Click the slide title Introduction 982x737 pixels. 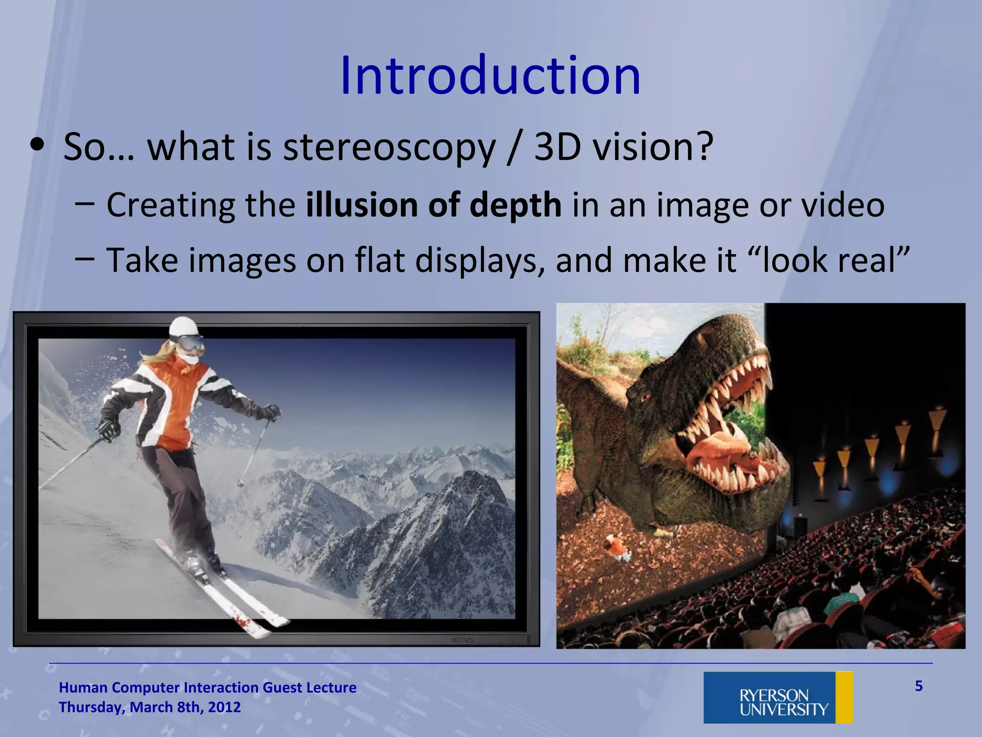tap(490, 76)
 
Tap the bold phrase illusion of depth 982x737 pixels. tap(433, 205)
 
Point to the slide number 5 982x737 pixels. tap(918, 686)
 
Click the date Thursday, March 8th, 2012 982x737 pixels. tap(150, 707)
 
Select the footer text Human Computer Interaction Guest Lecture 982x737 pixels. tap(207, 688)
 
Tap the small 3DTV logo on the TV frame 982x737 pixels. tap(462, 640)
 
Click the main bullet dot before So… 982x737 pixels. tap(37, 146)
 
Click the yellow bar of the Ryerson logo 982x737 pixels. tap(844, 698)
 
